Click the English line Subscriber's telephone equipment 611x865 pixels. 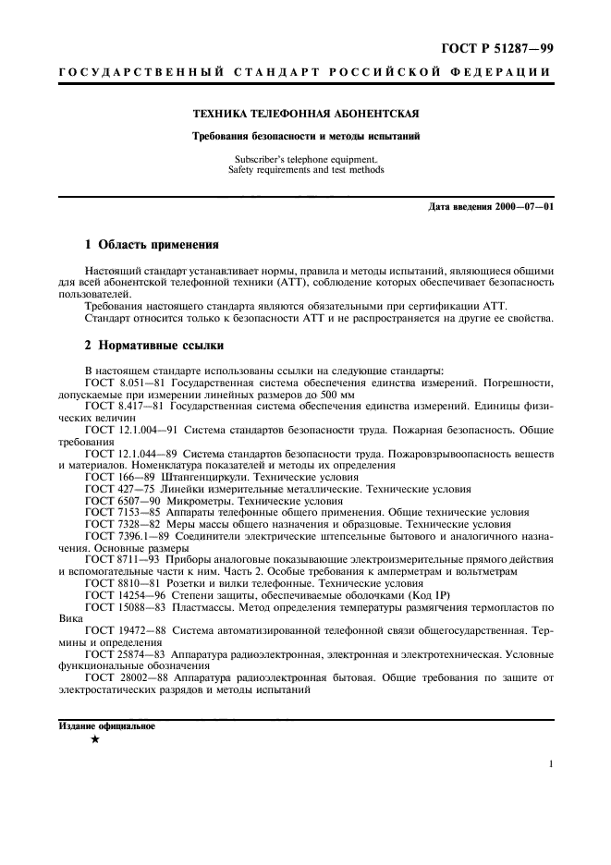[305, 159]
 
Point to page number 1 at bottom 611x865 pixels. [551, 765]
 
